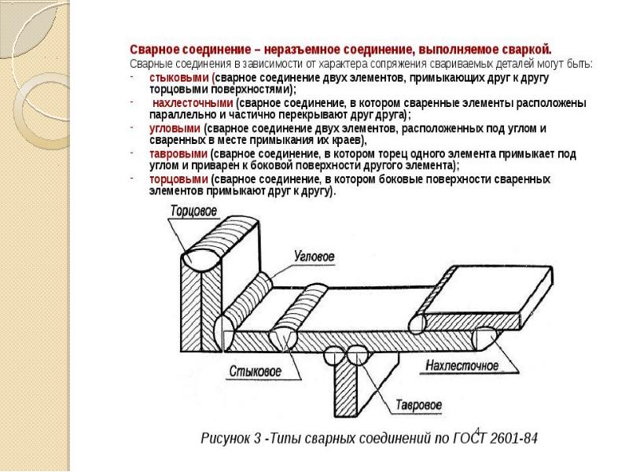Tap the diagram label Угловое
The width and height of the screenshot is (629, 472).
click(x=313, y=257)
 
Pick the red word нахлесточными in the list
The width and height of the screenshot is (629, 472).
click(x=192, y=103)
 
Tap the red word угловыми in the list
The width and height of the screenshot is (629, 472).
click(x=175, y=127)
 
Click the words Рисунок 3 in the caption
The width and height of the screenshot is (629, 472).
click(x=229, y=437)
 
